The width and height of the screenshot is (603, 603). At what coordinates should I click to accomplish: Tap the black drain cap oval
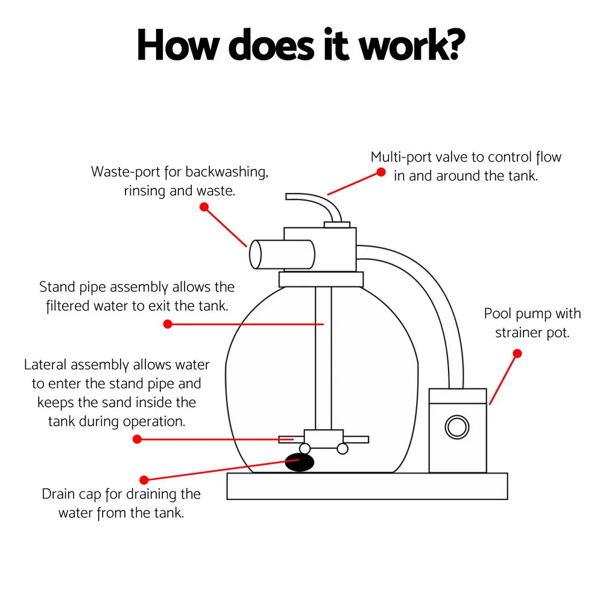point(300,463)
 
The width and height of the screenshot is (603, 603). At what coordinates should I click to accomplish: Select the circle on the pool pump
point(457,427)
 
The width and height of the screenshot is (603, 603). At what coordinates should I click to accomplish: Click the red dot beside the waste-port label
point(204,207)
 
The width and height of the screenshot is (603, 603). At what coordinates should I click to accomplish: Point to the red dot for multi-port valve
point(381,172)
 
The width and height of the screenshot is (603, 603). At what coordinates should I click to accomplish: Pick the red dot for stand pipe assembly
point(168,324)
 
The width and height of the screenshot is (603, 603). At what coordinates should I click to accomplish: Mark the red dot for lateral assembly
point(137,440)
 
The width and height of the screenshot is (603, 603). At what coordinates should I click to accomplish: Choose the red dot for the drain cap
point(144,480)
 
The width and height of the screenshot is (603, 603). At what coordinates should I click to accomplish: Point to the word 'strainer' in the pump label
point(520,333)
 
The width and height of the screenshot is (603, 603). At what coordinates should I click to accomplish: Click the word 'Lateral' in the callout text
point(46,365)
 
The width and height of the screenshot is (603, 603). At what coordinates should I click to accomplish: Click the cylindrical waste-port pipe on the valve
point(282,254)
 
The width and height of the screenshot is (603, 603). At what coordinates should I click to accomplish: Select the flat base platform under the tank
point(367,486)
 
